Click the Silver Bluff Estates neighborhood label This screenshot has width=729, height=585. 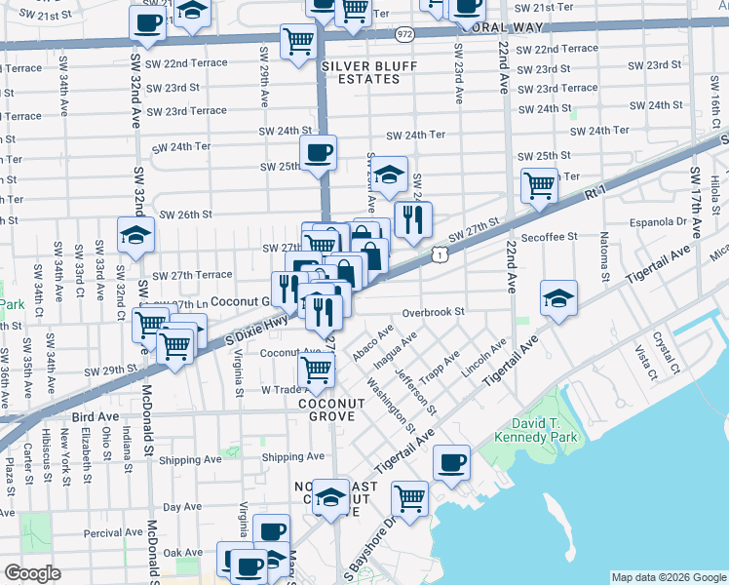[363, 71]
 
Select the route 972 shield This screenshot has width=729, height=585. [404, 34]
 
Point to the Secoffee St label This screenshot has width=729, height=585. [551, 236]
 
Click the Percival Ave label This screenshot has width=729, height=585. [110, 532]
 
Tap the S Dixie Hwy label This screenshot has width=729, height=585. [230, 333]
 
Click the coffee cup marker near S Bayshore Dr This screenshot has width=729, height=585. [450, 462]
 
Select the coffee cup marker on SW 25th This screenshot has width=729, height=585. [319, 152]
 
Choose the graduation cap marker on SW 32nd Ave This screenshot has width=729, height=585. [135, 234]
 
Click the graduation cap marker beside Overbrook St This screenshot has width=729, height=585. [558, 297]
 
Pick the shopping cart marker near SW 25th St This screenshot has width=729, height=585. [539, 183]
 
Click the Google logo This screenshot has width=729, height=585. [32, 573]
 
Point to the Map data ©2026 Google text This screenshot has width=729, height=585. [668, 577]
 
